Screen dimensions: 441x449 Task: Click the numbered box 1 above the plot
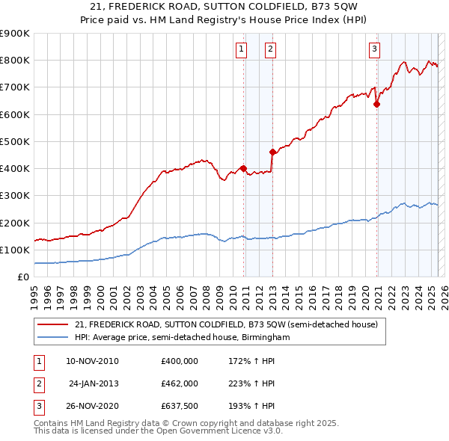[242, 50]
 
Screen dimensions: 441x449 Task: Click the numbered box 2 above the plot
[270, 50]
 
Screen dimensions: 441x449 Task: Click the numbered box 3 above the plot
[374, 50]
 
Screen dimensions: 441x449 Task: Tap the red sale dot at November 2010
[244, 168]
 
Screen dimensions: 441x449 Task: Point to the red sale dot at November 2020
[376, 105]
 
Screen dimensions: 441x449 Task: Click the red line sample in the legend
[53, 324]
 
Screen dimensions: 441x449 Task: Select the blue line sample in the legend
[53, 337]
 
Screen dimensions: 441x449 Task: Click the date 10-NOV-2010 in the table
[93, 360]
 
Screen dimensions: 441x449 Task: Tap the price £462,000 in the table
[180, 383]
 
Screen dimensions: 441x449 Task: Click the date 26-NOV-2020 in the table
[93, 407]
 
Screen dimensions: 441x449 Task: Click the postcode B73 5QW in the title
[304, 6]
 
